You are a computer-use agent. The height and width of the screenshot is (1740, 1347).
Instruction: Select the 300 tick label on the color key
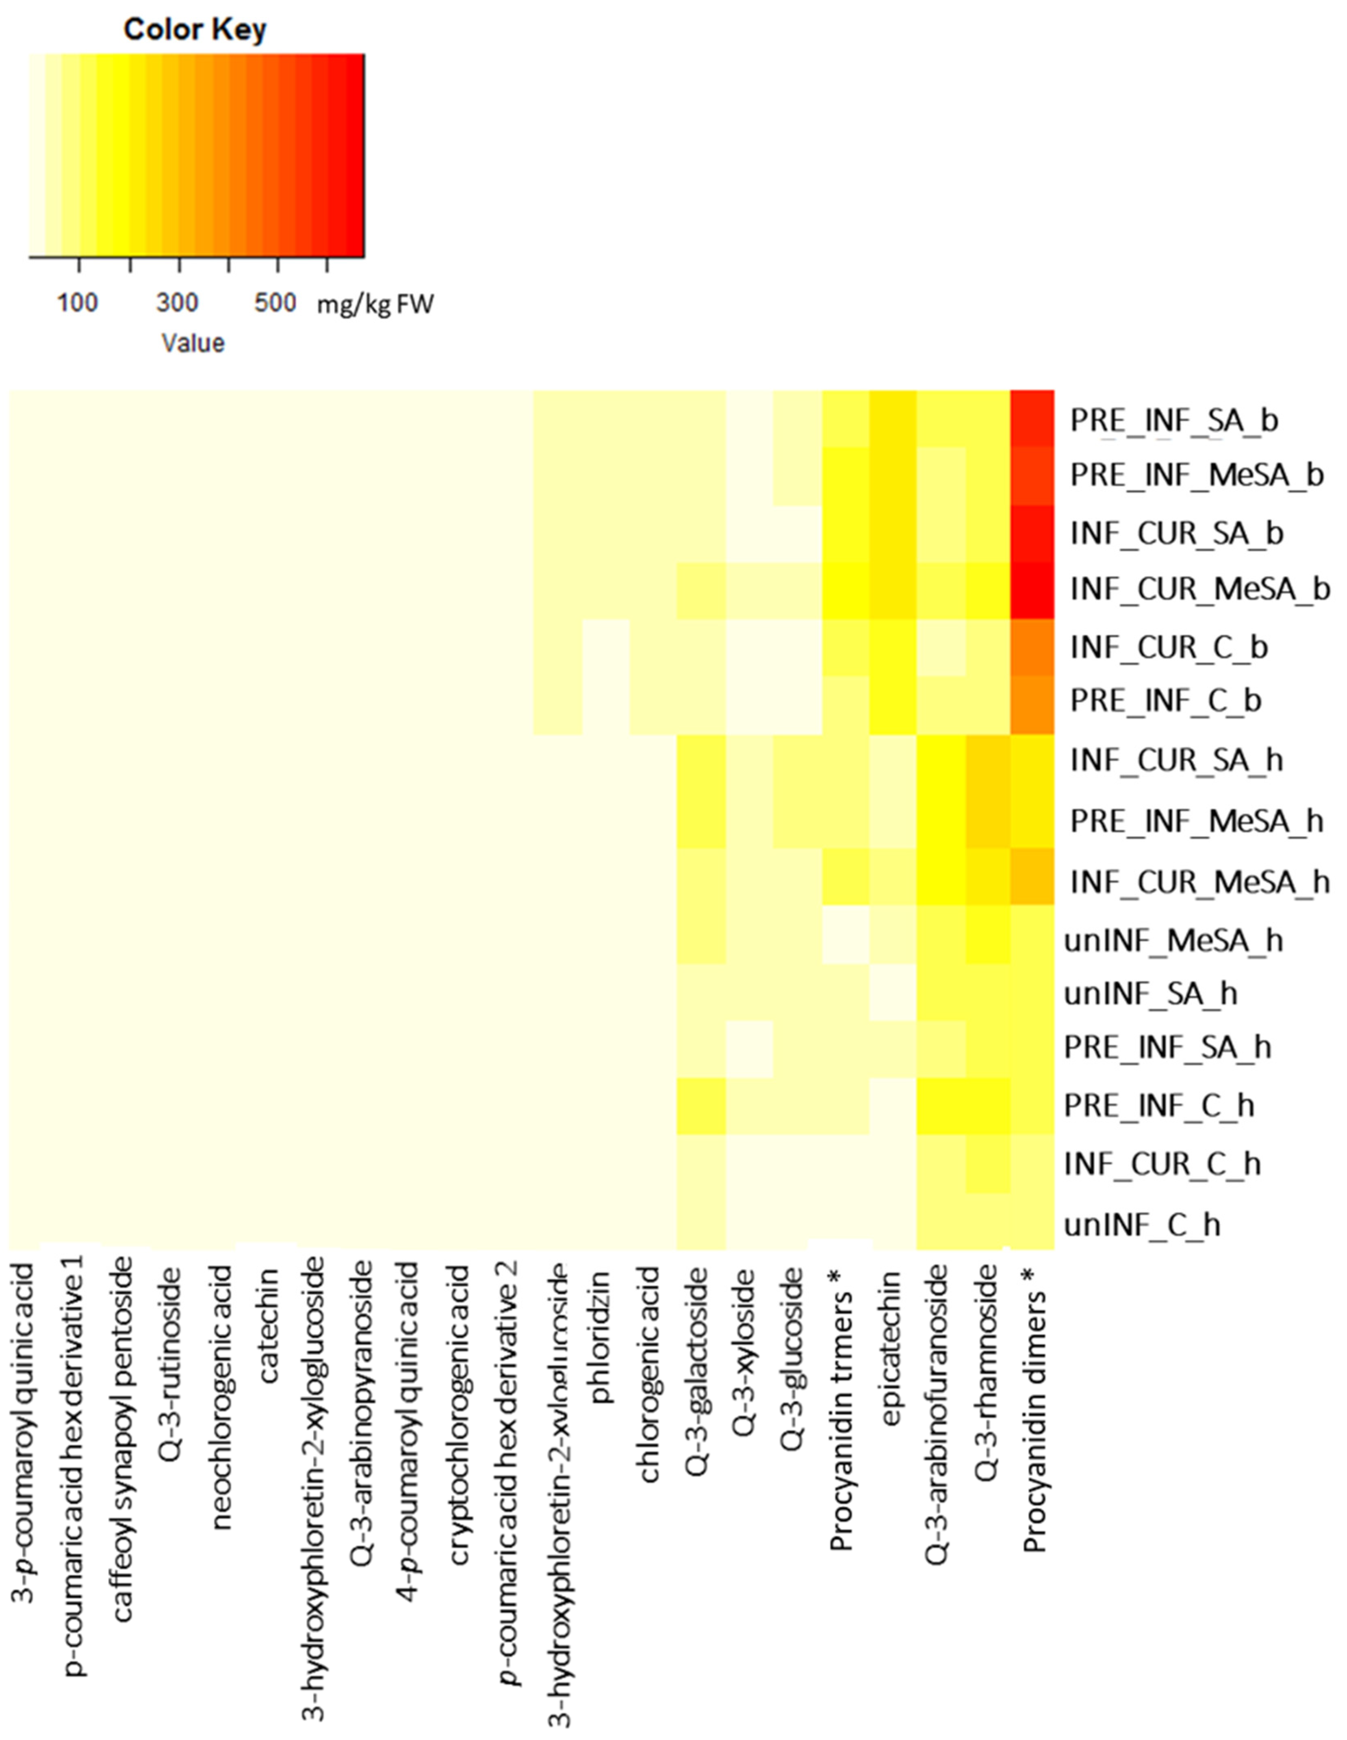177,303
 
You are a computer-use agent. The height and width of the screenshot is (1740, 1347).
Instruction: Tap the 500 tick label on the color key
275,303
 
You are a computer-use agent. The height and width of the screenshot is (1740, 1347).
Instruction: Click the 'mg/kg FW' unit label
375,304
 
